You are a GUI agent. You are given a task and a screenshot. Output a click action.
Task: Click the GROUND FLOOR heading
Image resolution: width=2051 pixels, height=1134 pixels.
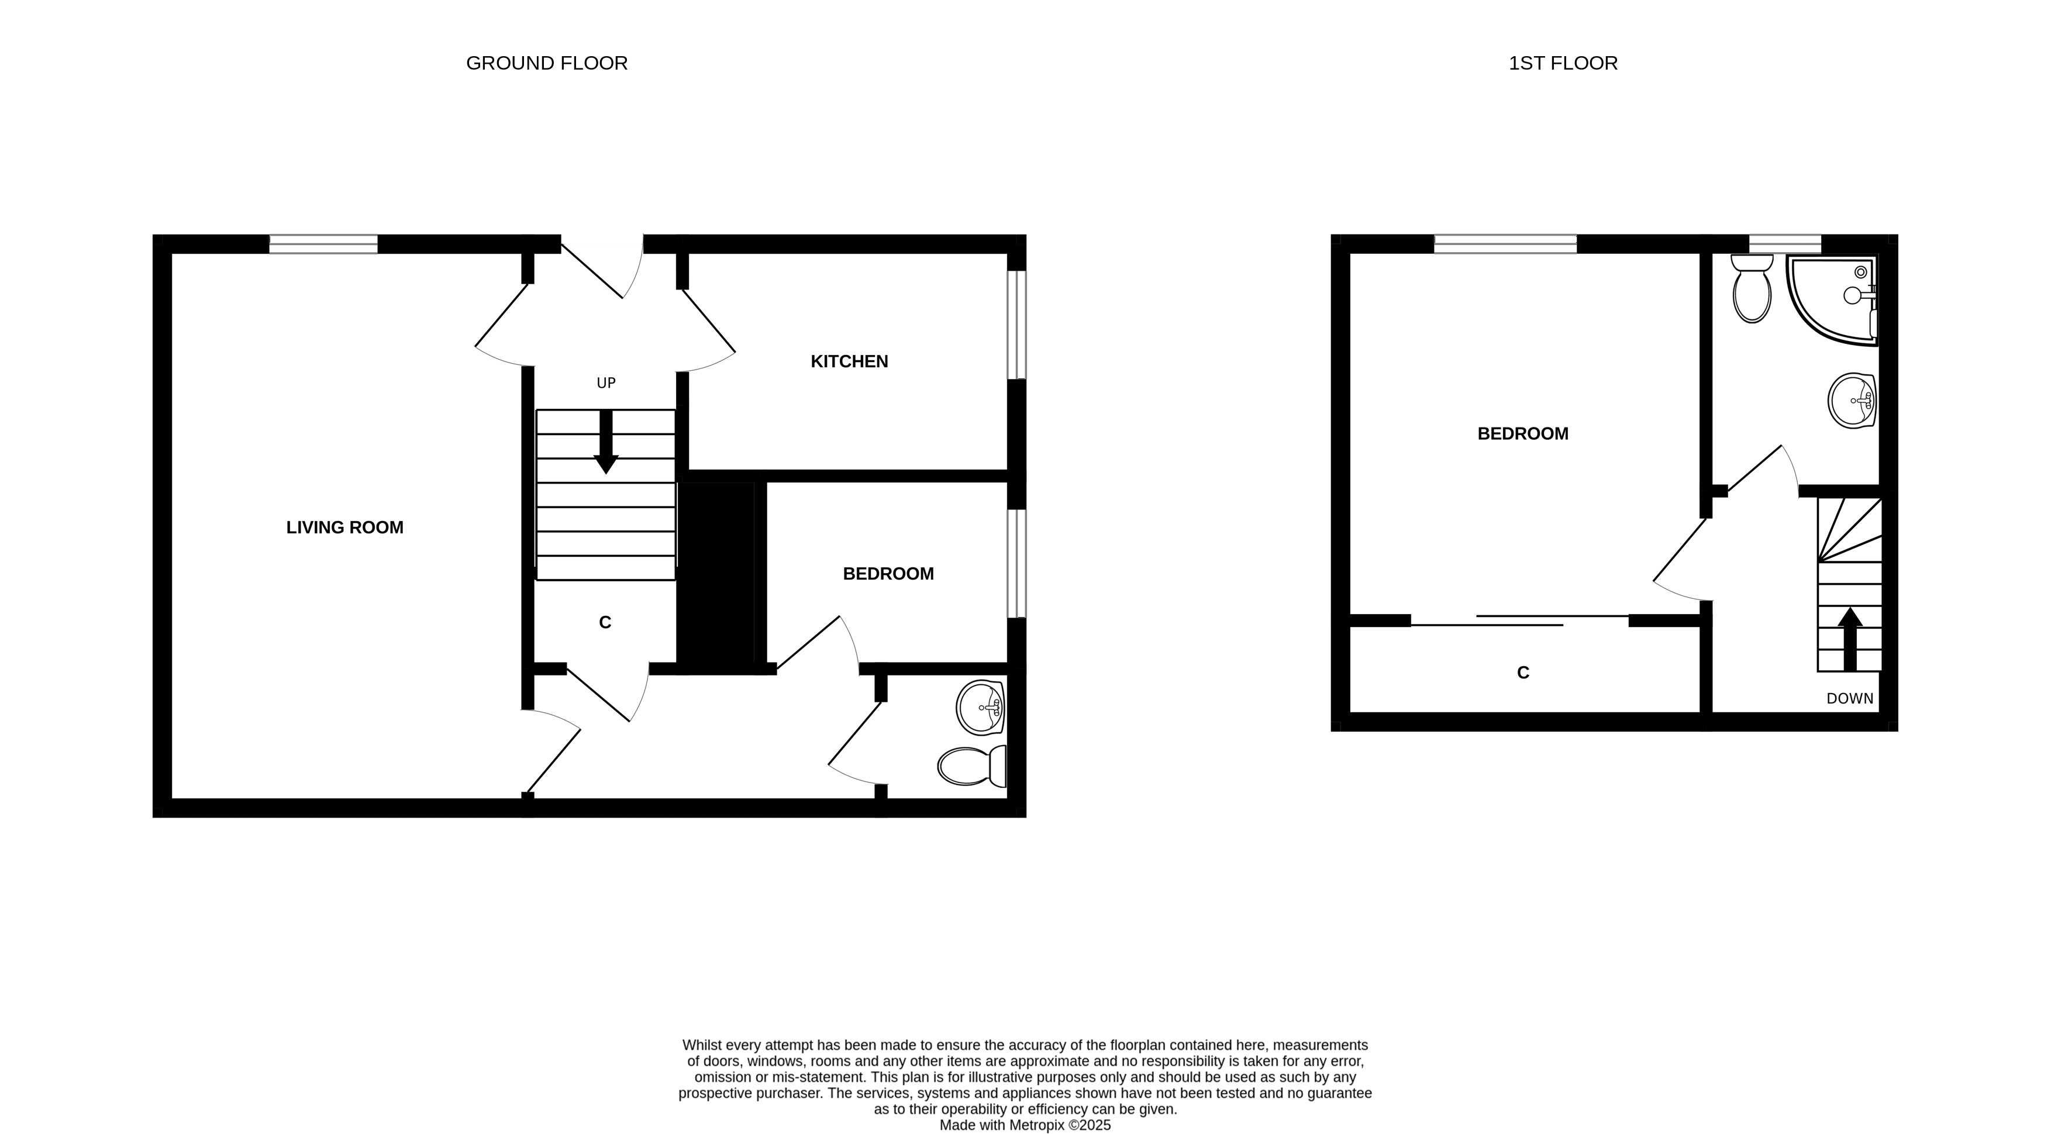pos(546,63)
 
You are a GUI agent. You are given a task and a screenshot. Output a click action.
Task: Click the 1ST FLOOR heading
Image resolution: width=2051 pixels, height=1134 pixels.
pos(1563,63)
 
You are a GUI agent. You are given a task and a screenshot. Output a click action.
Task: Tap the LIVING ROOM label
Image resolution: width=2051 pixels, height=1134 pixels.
pos(344,527)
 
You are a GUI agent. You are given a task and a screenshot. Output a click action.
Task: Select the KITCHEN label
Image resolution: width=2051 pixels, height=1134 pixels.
pos(849,361)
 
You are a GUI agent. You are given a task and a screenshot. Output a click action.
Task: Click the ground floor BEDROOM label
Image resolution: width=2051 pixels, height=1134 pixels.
pos(888,573)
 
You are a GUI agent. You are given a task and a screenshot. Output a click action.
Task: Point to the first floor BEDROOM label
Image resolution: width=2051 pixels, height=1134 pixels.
pos(1522,434)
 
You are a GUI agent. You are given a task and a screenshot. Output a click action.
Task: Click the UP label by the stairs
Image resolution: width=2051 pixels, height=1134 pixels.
pos(606,383)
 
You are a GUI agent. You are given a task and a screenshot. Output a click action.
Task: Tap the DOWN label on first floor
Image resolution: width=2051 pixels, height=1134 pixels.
pos(1850,698)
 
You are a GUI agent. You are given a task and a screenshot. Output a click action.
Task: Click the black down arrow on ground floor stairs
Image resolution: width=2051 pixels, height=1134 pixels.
pos(606,442)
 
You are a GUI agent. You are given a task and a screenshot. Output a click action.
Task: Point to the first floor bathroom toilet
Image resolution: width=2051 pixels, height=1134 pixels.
pos(1752,288)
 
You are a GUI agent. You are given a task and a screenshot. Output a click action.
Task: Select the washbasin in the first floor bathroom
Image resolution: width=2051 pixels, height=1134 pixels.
pos(1852,401)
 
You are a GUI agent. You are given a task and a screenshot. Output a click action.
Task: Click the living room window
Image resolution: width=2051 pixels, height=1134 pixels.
pos(323,244)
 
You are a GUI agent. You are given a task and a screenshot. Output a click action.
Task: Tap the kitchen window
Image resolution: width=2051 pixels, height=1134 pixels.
pos(1017,325)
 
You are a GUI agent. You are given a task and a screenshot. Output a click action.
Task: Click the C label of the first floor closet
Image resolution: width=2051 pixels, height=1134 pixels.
pos(1523,673)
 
